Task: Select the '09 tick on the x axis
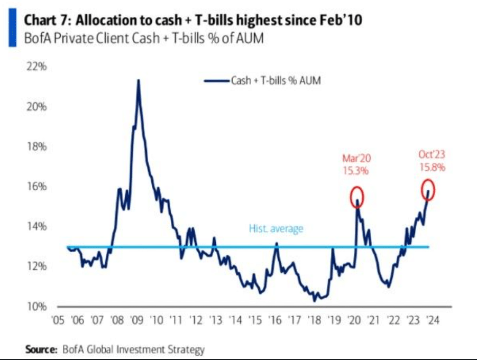[x=136, y=320]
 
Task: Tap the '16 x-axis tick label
[x=275, y=320]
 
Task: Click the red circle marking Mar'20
[x=357, y=197]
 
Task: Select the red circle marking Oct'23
[x=427, y=190]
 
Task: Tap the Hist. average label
[x=276, y=229]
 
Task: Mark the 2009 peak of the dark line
[x=138, y=80]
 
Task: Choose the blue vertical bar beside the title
[x=12, y=29]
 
